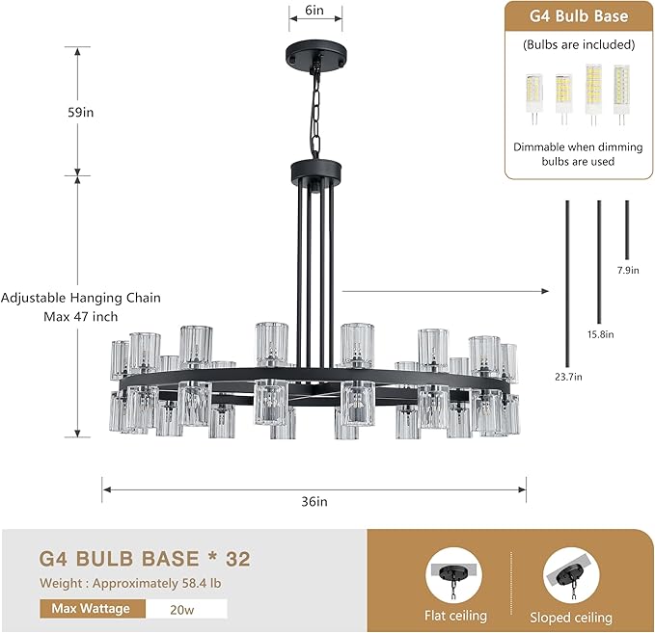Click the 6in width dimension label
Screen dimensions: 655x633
pos(314,10)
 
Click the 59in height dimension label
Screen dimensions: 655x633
pos(81,113)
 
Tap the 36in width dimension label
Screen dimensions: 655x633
pos(314,501)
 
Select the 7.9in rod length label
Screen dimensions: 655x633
pos(628,271)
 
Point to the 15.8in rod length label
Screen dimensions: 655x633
pos(600,334)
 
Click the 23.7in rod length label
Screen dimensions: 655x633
pos(568,377)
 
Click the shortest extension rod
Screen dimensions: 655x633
pos(627,230)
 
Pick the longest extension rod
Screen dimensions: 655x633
pos(567,283)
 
